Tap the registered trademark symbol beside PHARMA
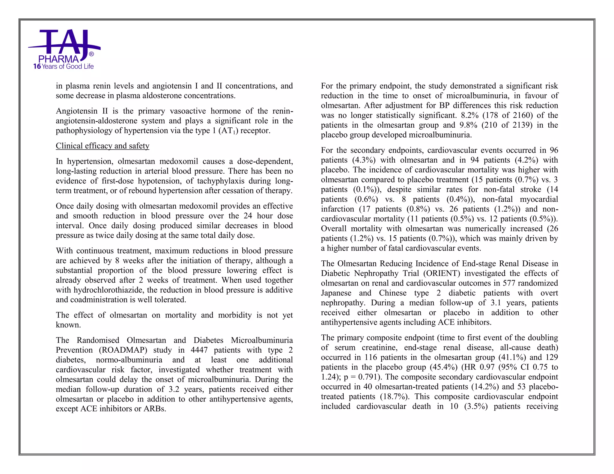click(91, 54)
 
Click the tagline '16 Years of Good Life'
click(64, 67)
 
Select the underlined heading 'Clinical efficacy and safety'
click(103, 146)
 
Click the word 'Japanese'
click(336, 293)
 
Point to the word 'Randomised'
click(98, 340)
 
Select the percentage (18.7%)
click(395, 397)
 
